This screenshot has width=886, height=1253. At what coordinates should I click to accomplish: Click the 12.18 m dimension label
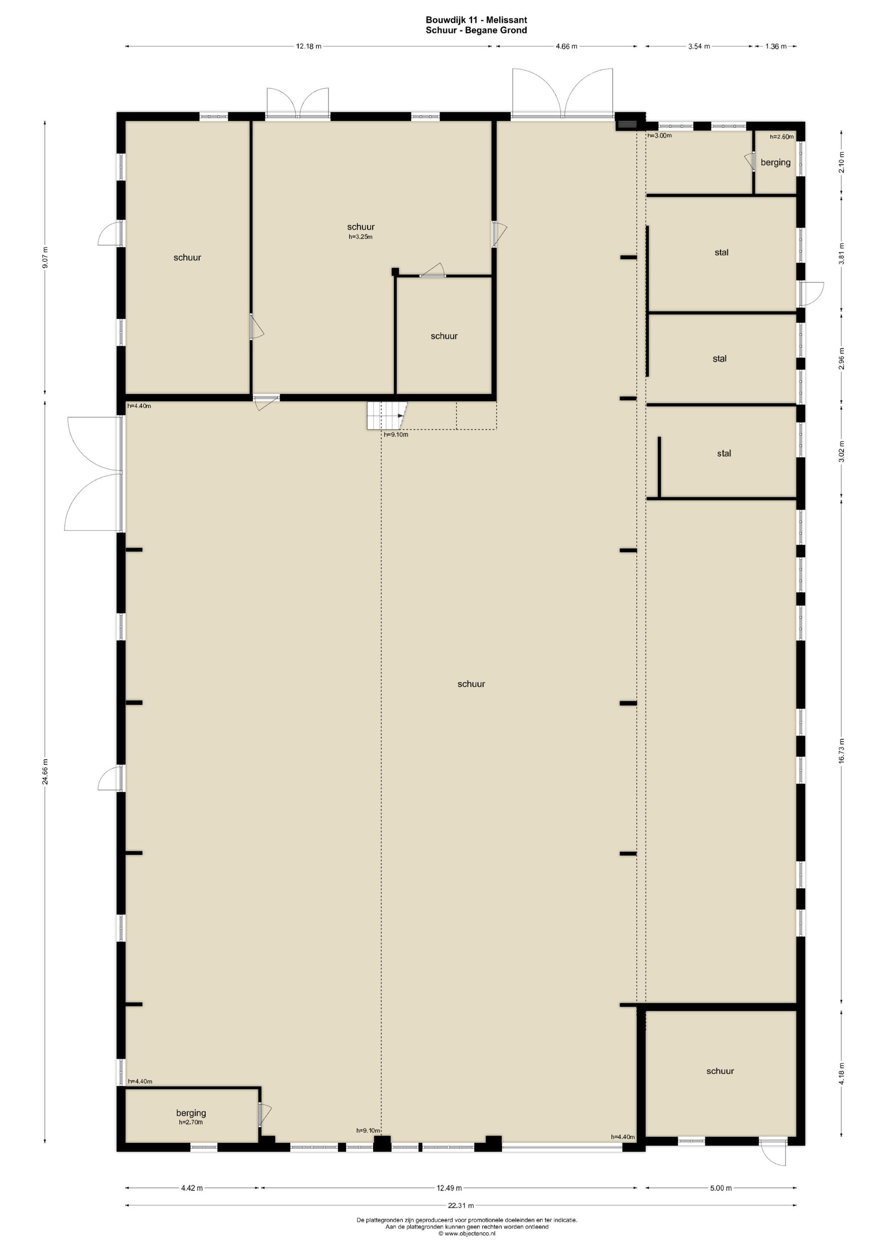pos(308,47)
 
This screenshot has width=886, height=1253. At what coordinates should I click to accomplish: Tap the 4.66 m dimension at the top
pos(566,47)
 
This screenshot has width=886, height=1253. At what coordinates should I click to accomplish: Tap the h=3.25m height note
pos(361,237)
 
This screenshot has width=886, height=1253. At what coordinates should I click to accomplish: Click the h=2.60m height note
pos(782,137)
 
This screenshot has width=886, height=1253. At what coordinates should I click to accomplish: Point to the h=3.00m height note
pos(659,135)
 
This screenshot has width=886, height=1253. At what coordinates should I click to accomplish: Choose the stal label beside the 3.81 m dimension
pos(721,252)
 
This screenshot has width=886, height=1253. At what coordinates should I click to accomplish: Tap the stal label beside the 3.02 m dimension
pos(724,453)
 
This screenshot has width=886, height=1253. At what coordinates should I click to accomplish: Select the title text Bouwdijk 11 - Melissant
pos(476,20)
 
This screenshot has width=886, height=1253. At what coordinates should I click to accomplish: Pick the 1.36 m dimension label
pos(776,47)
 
